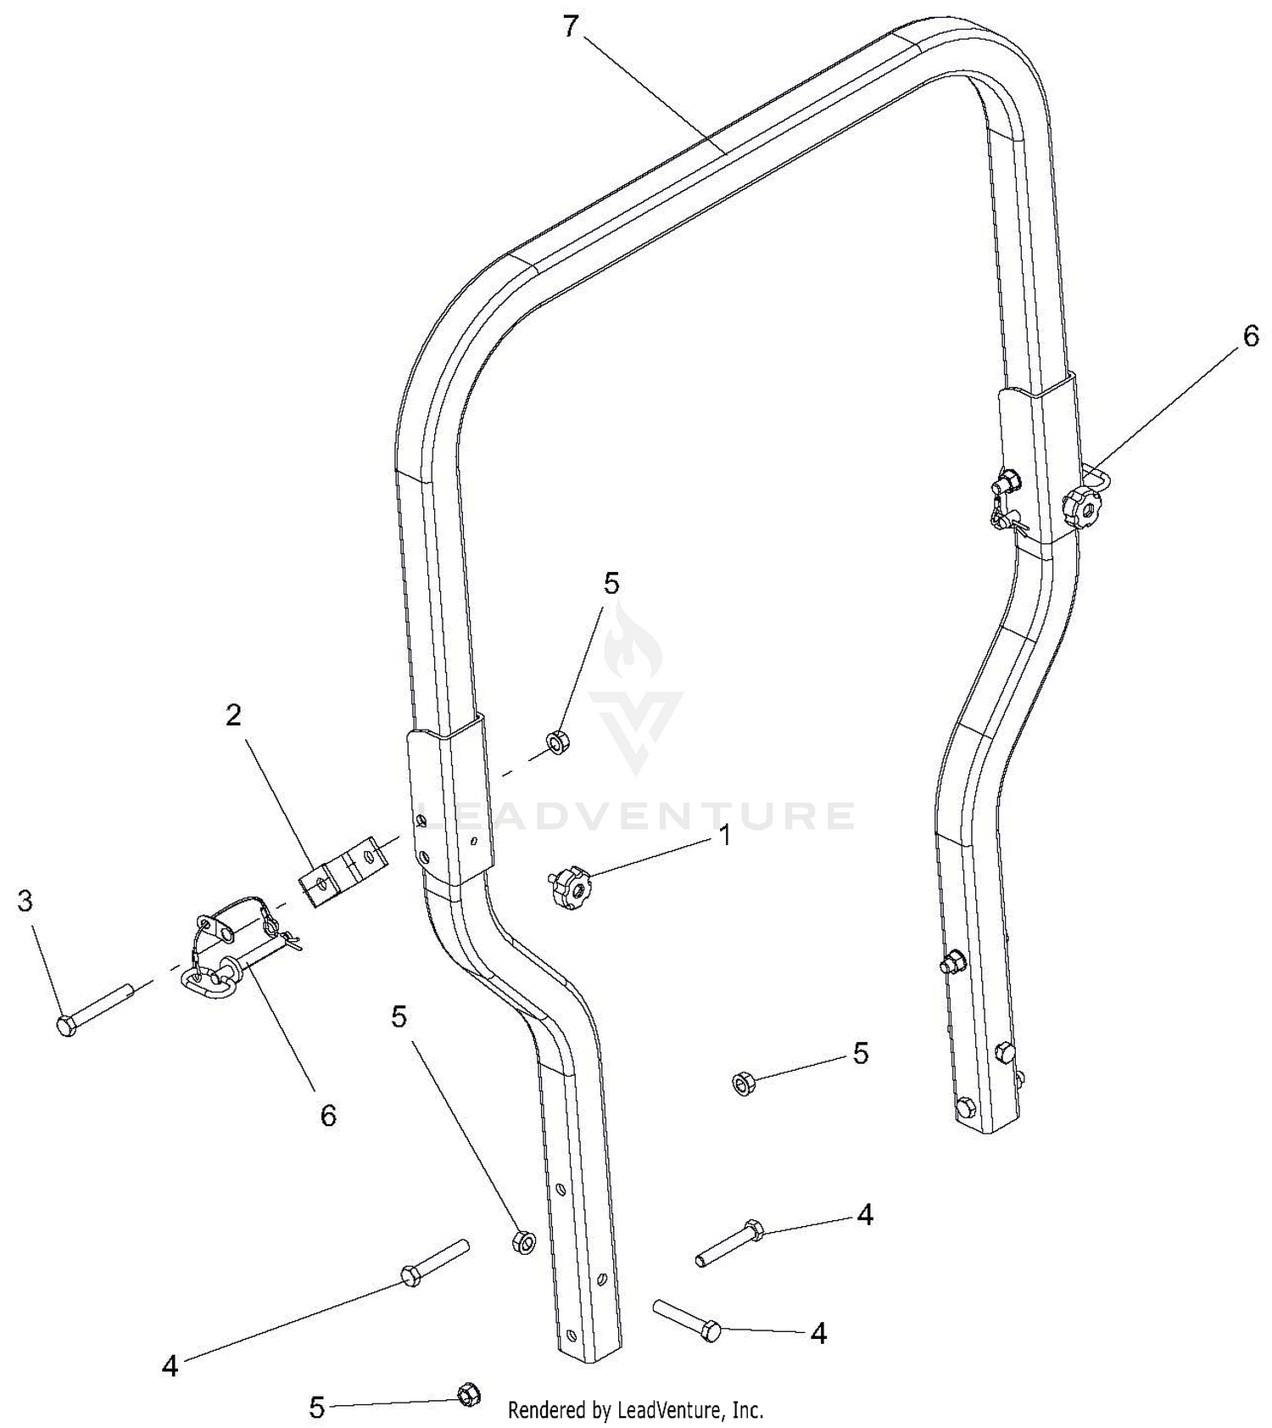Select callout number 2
[x=233, y=715]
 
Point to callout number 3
[x=25, y=901]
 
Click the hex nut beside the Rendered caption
[x=469, y=1394]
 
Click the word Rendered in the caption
[x=548, y=1409]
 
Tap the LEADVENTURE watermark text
[x=637, y=815]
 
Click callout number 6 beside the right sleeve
[x=1251, y=336]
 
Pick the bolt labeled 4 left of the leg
[x=434, y=1263]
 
